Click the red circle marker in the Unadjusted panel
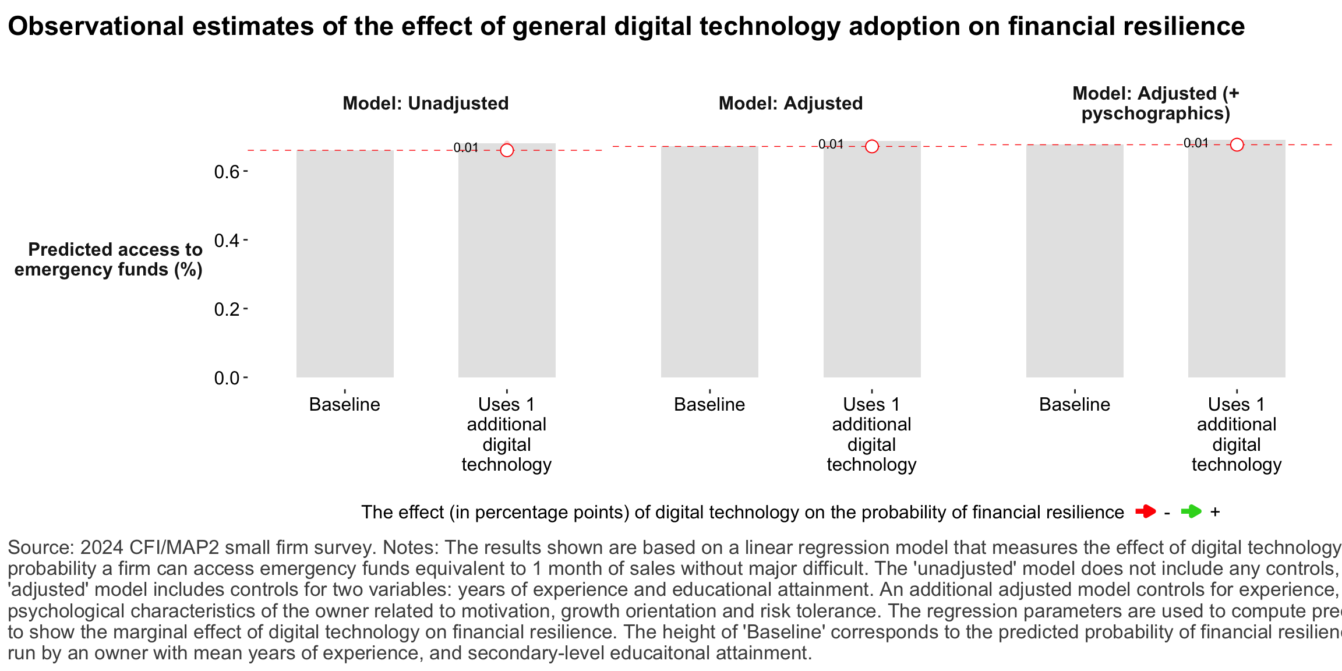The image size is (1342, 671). (x=507, y=150)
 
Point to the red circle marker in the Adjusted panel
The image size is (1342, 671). (x=872, y=146)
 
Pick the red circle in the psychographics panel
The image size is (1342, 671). (x=1237, y=144)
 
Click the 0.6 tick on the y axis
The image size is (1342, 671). (x=227, y=172)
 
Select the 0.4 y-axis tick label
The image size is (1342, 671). (x=227, y=241)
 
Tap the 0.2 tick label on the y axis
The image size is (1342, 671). (x=227, y=309)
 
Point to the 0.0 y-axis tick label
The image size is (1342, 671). (x=227, y=379)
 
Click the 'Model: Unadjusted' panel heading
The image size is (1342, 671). (x=425, y=103)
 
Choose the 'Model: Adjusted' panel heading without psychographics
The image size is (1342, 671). (x=790, y=103)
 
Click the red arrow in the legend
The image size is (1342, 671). (x=1146, y=512)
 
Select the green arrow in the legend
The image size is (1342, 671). (x=1191, y=512)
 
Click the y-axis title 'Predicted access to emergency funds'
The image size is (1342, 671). (x=109, y=259)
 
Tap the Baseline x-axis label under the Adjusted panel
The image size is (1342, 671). (x=709, y=404)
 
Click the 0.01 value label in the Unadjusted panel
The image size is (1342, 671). (x=466, y=148)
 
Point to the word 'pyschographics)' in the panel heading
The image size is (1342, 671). (x=1156, y=113)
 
